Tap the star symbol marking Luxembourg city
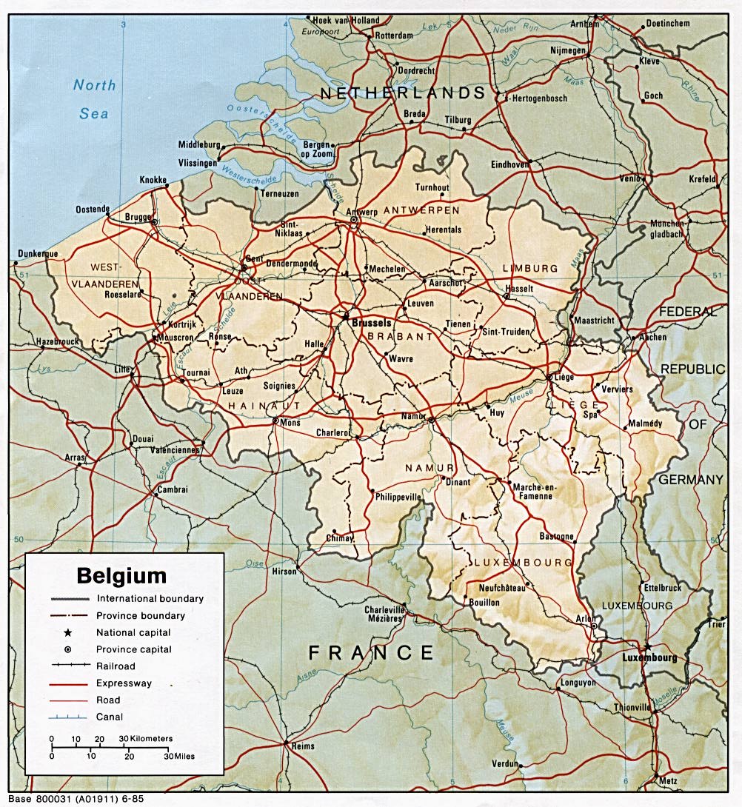(x=648, y=646)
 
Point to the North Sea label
(x=94, y=99)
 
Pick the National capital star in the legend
(x=67, y=632)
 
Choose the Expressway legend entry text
(x=122, y=683)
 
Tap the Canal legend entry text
(x=110, y=717)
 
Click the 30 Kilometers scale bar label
(x=146, y=739)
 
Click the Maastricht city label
(x=594, y=321)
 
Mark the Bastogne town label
(x=556, y=537)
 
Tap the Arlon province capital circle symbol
(x=595, y=626)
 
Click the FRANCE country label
(x=371, y=652)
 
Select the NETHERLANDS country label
(x=403, y=93)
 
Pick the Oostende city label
(x=93, y=210)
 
